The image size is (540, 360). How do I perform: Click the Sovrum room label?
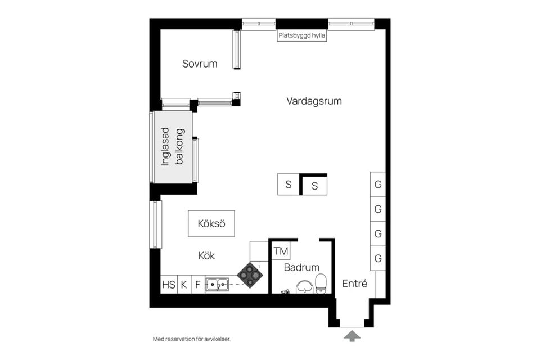click(200, 64)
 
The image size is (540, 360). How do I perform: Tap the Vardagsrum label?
click(314, 101)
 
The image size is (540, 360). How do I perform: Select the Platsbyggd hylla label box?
click(302, 35)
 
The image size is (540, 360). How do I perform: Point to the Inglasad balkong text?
click(173, 146)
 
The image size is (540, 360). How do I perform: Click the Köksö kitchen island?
click(211, 223)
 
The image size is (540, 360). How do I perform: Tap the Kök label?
click(206, 255)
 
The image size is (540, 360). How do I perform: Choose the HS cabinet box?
click(169, 285)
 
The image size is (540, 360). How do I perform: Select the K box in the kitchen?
click(184, 285)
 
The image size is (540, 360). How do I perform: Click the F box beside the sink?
click(197, 285)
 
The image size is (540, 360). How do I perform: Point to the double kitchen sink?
click(217, 285)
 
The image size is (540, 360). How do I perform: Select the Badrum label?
click(301, 267)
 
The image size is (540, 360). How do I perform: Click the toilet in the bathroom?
click(321, 283)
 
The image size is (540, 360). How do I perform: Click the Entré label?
click(355, 283)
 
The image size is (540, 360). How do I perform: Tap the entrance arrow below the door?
click(353, 336)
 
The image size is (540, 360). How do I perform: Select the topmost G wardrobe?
click(378, 184)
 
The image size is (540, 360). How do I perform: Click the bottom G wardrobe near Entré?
click(378, 259)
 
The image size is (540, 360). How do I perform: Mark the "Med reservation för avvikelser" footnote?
click(192, 339)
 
